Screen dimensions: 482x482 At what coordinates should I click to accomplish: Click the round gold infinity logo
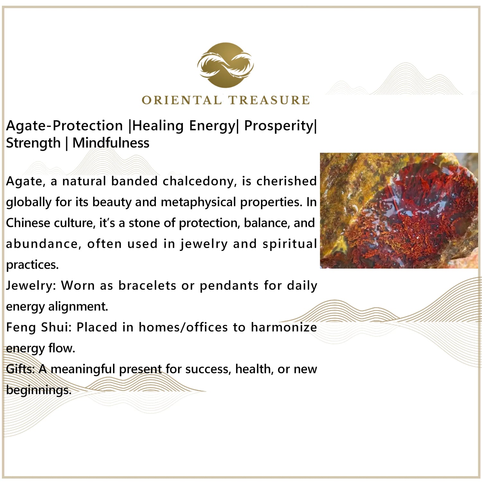[x=226, y=65]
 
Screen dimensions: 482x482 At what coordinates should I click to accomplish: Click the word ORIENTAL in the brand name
[x=182, y=100]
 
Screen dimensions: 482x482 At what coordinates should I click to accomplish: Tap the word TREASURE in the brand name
[x=269, y=100]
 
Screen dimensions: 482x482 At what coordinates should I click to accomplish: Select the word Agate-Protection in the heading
[x=65, y=126]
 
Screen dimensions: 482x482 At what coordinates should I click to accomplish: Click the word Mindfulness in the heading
[x=111, y=143]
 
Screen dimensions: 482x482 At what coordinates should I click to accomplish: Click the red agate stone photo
[x=399, y=210]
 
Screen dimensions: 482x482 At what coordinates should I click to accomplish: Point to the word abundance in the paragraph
[x=42, y=244]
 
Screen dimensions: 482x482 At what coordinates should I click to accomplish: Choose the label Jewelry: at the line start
[x=31, y=286]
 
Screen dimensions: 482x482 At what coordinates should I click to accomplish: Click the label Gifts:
[x=21, y=369]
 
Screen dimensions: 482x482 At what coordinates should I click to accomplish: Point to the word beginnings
[x=39, y=390]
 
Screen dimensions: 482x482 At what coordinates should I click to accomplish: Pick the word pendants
[x=229, y=286]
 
